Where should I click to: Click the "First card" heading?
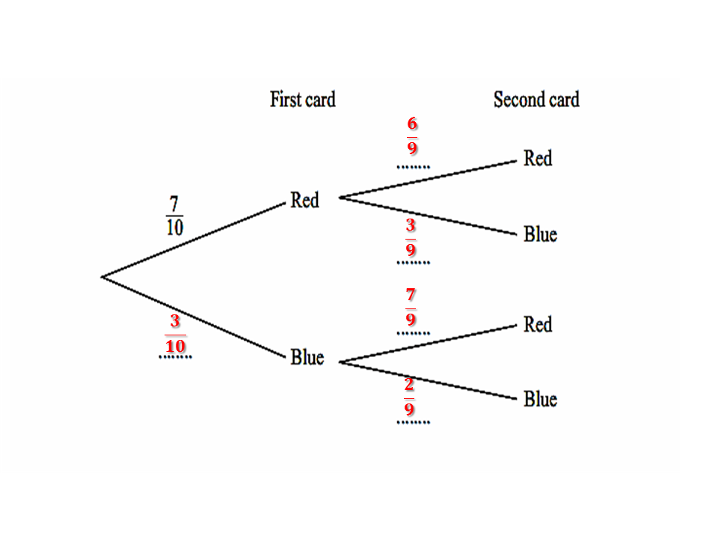coord(302,100)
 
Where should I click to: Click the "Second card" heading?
coord(536,100)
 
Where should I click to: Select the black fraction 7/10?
coord(174,216)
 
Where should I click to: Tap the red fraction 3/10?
coord(175,334)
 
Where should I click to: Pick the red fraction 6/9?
coord(412,135)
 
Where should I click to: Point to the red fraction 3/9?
coord(411,237)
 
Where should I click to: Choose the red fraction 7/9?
coord(411,307)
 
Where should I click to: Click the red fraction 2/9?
coord(409,398)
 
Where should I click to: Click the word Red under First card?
coord(304,201)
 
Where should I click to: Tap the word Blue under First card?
coord(307,358)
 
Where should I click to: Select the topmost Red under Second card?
coord(537,159)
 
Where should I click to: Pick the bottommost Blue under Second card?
coord(540,399)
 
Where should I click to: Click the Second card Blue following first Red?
coord(540,234)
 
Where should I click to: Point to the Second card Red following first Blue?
coord(537,325)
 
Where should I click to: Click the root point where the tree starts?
coord(102,277)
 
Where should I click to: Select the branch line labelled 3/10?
coord(194,317)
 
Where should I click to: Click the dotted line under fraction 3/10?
coord(175,357)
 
